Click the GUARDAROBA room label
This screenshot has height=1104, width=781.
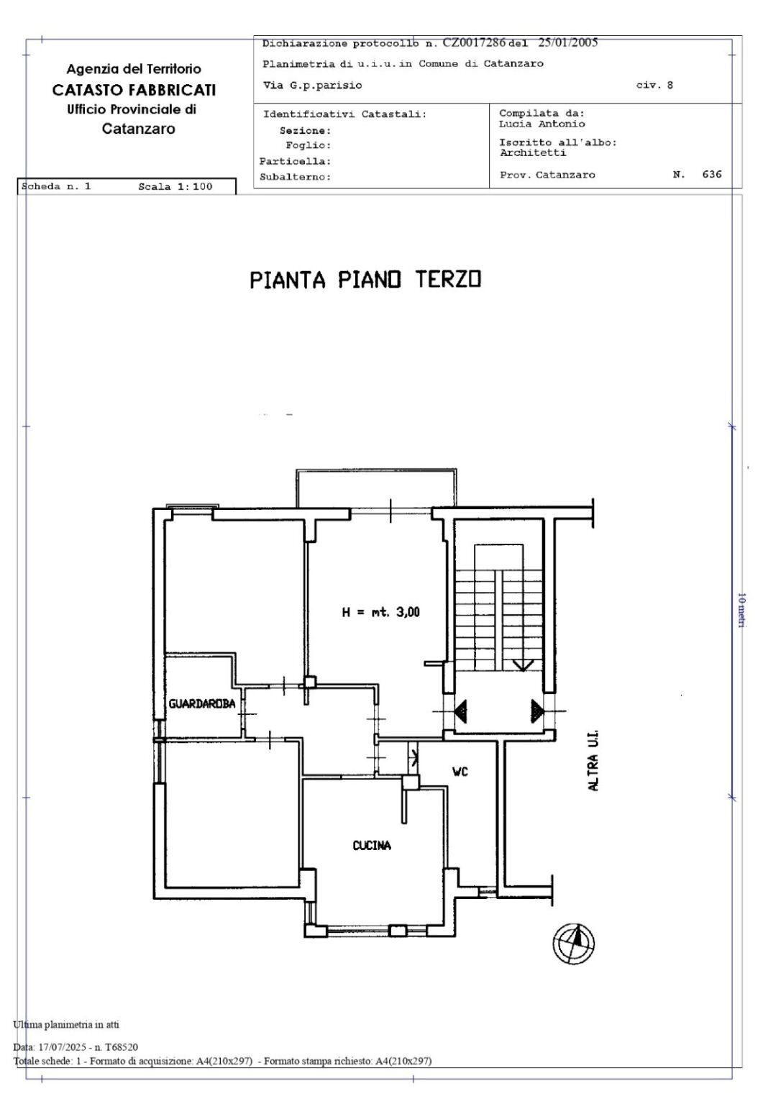pyautogui.click(x=202, y=703)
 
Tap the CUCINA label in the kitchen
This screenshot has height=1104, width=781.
pyautogui.click(x=372, y=846)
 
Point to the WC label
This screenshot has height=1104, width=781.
pyautogui.click(x=460, y=772)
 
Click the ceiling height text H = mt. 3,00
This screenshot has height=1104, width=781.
pyautogui.click(x=381, y=612)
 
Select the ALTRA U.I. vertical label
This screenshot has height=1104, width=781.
pyautogui.click(x=593, y=761)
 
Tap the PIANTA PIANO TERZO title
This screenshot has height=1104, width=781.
pyautogui.click(x=365, y=280)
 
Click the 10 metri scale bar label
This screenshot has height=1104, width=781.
pyautogui.click(x=741, y=610)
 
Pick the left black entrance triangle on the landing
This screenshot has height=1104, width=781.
pyautogui.click(x=460, y=711)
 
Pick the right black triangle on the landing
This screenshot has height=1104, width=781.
pyautogui.click(x=537, y=711)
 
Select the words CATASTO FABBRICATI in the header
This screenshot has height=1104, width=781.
pyautogui.click(x=134, y=90)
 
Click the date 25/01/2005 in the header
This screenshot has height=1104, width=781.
pyautogui.click(x=568, y=42)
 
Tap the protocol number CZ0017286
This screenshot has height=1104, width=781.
pyautogui.click(x=474, y=42)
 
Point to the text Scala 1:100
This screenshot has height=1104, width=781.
pyautogui.click(x=175, y=186)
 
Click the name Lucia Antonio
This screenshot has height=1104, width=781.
pyautogui.click(x=542, y=124)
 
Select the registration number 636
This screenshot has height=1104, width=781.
pyautogui.click(x=712, y=174)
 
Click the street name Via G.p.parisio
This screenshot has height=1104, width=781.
pyautogui.click(x=312, y=86)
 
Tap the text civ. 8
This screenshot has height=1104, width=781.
pyautogui.click(x=654, y=85)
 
